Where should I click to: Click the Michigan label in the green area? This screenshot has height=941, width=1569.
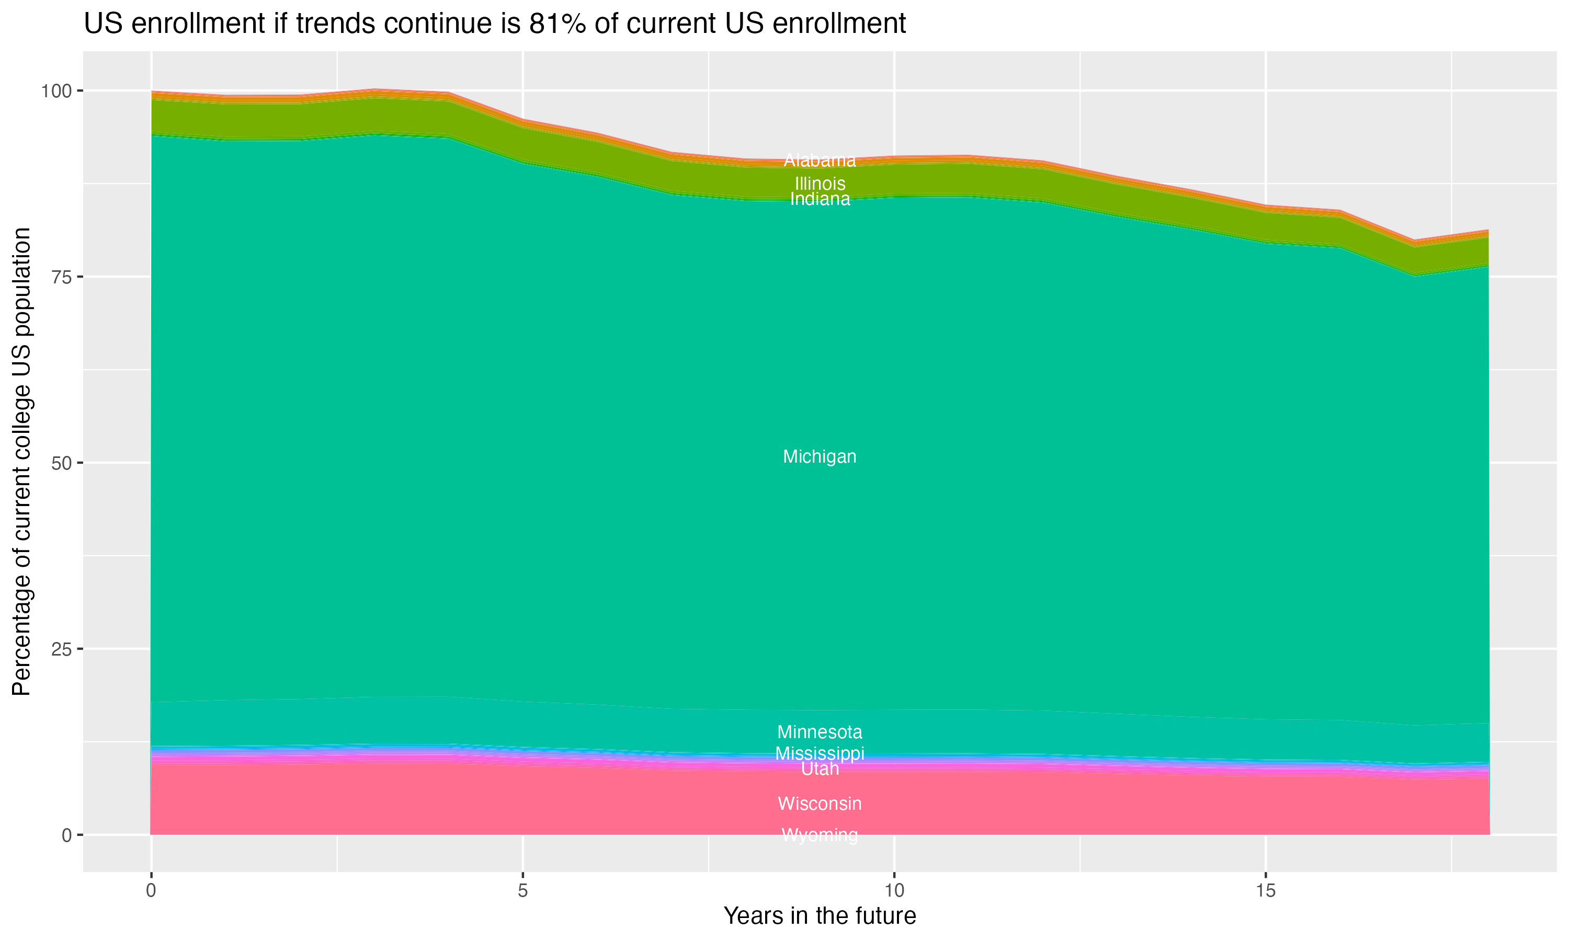point(820,456)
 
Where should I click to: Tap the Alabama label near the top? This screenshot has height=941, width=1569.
point(820,160)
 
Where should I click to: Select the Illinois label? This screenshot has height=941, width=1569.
point(820,183)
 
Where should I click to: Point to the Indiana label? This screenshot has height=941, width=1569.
point(820,199)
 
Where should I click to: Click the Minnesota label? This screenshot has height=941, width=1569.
point(820,732)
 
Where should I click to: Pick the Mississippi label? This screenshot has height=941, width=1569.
point(820,753)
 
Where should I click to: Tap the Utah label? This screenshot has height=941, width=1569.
point(820,768)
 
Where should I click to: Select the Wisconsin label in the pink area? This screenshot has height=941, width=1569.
point(820,804)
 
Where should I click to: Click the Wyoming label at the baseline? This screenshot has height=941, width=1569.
point(820,834)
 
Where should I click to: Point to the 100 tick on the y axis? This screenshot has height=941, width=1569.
point(56,90)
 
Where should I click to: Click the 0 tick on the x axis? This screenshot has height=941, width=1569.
point(151,891)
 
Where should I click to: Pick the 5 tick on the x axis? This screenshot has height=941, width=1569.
point(522,891)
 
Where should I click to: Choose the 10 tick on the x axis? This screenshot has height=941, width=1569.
point(894,891)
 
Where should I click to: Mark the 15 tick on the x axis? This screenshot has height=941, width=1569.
point(1265,891)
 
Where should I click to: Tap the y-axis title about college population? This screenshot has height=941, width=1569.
point(21,461)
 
